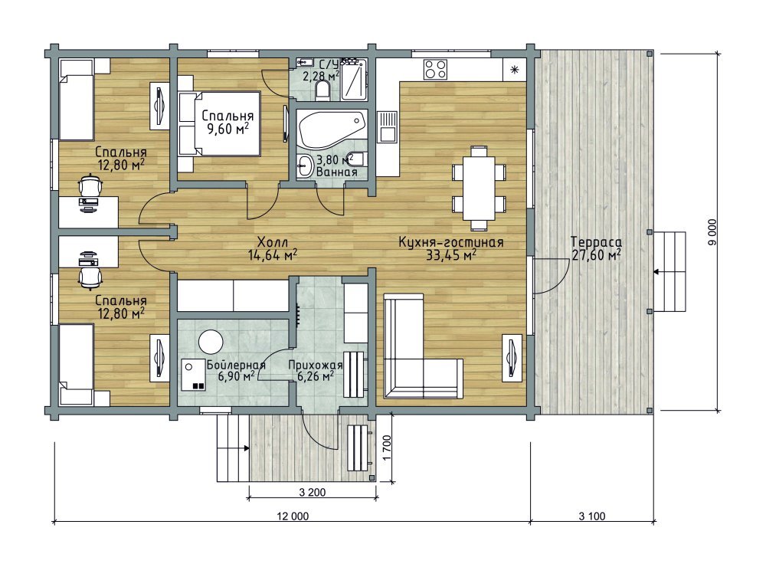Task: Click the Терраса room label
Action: pos(596,242)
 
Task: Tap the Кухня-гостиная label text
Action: pos(451,242)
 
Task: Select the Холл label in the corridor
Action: pos(273,242)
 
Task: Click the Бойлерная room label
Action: pos(236,365)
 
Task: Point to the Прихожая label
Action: pos(315,365)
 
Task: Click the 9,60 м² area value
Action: pos(228,129)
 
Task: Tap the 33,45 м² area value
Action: pos(451,254)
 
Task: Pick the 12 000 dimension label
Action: pos(293,516)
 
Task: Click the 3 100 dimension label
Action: pos(592,516)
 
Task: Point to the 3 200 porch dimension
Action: pos(313,492)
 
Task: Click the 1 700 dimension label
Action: pos(387,448)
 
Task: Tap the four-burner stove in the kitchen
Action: pos(435,69)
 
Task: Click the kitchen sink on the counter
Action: pos(388,126)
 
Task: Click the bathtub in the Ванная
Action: pos(332,129)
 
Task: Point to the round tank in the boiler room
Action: pos(211,341)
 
